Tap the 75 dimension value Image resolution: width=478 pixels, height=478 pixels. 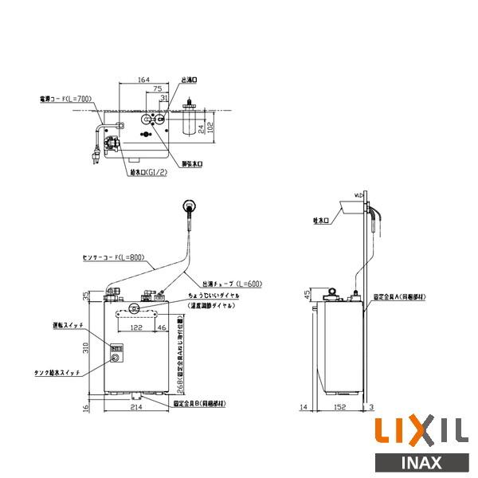(158, 89)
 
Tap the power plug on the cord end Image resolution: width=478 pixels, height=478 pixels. (95, 154)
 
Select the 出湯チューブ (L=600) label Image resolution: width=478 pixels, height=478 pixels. (233, 284)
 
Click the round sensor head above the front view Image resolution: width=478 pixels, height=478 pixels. (189, 206)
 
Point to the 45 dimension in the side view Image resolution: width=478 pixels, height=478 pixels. (308, 296)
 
